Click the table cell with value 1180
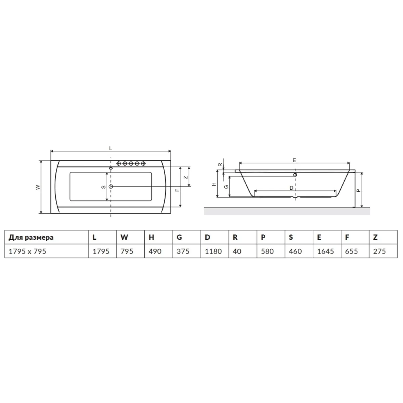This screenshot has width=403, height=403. pos(213,251)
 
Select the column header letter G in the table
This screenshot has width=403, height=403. pos(179,237)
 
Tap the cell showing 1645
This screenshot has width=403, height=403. pos(325,251)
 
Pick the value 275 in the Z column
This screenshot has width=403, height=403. pos(379,251)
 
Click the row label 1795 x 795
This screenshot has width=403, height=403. pos(28,251)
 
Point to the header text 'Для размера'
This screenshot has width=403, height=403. pos(31,237)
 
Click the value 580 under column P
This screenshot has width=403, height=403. pos(267,251)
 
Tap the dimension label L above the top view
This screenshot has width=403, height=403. pos(110,148)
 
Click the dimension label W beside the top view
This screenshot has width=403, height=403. pos(38,187)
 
